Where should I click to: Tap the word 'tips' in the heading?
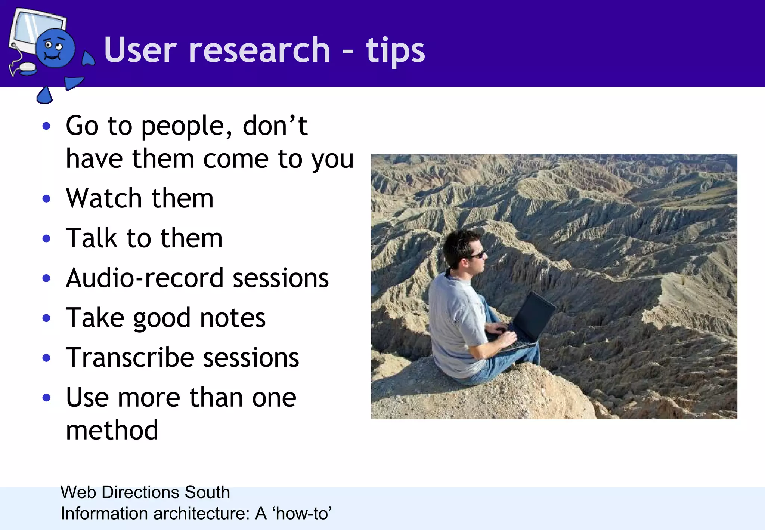(x=395, y=51)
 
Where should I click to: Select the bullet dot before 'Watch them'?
(x=46, y=198)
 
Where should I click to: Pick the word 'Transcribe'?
(x=130, y=358)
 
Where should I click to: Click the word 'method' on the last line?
(x=112, y=430)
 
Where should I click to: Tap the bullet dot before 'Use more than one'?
(x=46, y=397)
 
